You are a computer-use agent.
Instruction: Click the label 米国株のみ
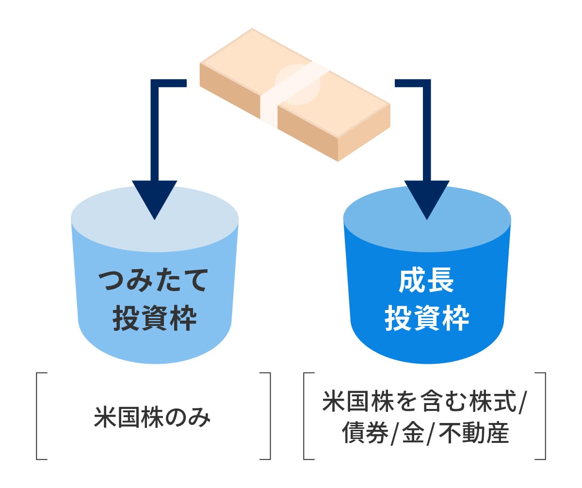click(153, 418)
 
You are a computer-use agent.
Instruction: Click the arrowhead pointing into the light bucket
click(154, 199)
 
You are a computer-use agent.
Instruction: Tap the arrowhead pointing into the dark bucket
click(427, 199)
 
